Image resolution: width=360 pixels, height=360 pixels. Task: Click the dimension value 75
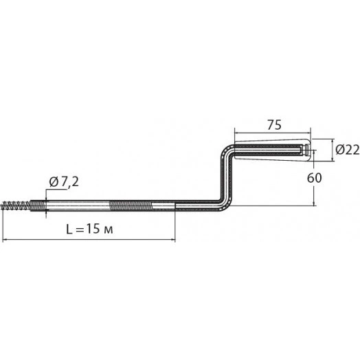pyautogui.click(x=274, y=125)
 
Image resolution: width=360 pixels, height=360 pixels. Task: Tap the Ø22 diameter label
pyautogui.click(x=347, y=150)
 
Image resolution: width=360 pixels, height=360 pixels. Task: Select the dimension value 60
pyautogui.click(x=314, y=178)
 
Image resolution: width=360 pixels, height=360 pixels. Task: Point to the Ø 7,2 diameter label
pyautogui.click(x=64, y=182)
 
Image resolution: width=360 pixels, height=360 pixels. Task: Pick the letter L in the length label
pyautogui.click(x=69, y=229)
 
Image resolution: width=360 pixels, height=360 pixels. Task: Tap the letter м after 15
pyautogui.click(x=109, y=230)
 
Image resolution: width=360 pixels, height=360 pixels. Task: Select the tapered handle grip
pyautogui.click(x=271, y=150)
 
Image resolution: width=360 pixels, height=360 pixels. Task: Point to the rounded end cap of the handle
pyautogui.click(x=308, y=150)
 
